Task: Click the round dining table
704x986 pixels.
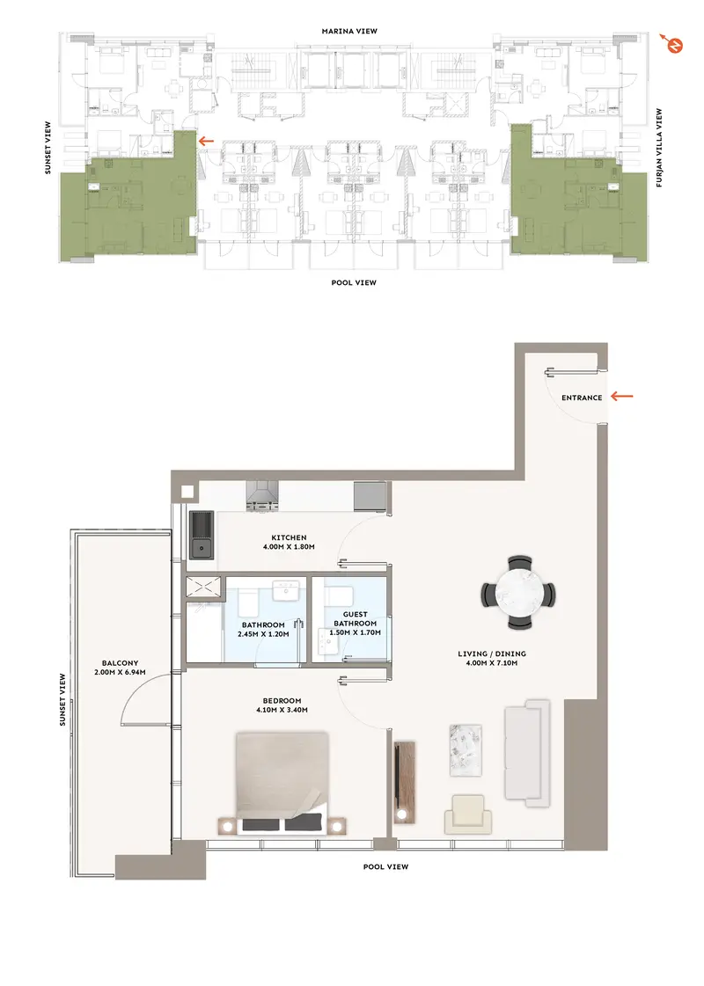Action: click(519, 593)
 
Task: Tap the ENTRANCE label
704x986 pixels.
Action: click(582, 398)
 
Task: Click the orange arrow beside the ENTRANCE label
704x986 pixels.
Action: click(622, 396)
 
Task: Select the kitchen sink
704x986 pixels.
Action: click(202, 535)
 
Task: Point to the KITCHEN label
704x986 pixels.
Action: click(289, 537)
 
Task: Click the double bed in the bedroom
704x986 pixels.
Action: click(282, 783)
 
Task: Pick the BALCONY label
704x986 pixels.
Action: click(121, 663)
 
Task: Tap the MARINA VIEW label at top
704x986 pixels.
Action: click(349, 31)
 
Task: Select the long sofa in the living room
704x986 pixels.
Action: click(528, 753)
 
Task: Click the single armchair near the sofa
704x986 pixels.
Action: click(468, 814)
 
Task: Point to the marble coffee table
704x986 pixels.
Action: click(466, 750)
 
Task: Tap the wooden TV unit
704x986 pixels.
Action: click(404, 782)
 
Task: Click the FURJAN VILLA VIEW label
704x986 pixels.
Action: click(659, 148)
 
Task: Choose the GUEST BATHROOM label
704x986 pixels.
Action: click(356, 618)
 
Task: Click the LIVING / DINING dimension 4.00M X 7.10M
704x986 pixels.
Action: click(492, 663)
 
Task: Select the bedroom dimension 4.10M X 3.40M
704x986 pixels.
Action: click(282, 710)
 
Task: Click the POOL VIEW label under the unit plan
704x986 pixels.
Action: click(385, 866)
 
